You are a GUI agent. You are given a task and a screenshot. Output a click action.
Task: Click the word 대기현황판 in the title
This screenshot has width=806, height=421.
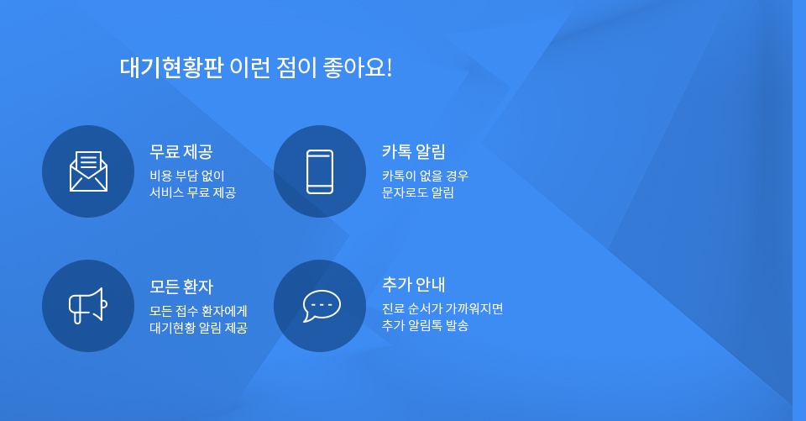pyautogui.click(x=171, y=68)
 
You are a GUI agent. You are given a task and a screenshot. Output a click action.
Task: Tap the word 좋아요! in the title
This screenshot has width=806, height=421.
pyautogui.click(x=358, y=68)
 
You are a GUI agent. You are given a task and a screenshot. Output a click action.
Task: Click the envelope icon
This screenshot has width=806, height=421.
pyautogui.click(x=88, y=171)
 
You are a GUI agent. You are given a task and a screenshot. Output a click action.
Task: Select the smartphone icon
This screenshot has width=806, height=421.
pyautogui.click(x=320, y=171)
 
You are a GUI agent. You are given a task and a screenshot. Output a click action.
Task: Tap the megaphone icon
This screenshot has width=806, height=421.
pyautogui.click(x=88, y=306)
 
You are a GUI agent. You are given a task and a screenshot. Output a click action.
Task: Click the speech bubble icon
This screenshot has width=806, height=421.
pyautogui.click(x=322, y=306)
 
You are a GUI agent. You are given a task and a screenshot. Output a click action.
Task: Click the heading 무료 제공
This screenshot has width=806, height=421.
pyautogui.click(x=181, y=152)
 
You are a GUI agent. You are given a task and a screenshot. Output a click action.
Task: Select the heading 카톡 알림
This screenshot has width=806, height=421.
pyautogui.click(x=413, y=152)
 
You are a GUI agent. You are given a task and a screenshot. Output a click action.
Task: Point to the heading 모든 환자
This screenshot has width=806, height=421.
pyautogui.click(x=181, y=287)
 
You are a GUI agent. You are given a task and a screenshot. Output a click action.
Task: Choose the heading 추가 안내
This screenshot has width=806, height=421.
pyautogui.click(x=413, y=285)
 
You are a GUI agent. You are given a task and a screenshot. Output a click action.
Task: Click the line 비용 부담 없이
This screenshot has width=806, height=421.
pyautogui.click(x=187, y=176)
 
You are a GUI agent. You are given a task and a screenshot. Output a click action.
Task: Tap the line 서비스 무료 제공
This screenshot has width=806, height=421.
pyautogui.click(x=193, y=192)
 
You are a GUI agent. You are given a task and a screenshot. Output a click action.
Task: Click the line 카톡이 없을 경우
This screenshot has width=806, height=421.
pyautogui.click(x=425, y=176)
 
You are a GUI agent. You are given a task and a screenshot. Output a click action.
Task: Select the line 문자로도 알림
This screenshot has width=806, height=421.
pyautogui.click(x=418, y=192)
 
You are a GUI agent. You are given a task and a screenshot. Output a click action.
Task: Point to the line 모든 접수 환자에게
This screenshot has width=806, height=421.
pyautogui.click(x=198, y=311)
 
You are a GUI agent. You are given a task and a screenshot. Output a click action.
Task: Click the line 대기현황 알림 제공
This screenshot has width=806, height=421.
pyautogui.click(x=198, y=328)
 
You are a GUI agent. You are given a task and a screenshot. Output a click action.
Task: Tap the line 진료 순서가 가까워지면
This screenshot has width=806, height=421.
pyautogui.click(x=442, y=308)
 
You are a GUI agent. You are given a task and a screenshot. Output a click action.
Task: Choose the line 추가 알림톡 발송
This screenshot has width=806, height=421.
pyautogui.click(x=425, y=325)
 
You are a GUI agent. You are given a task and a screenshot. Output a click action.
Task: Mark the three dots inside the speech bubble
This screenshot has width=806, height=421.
pyautogui.click(x=322, y=305)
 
